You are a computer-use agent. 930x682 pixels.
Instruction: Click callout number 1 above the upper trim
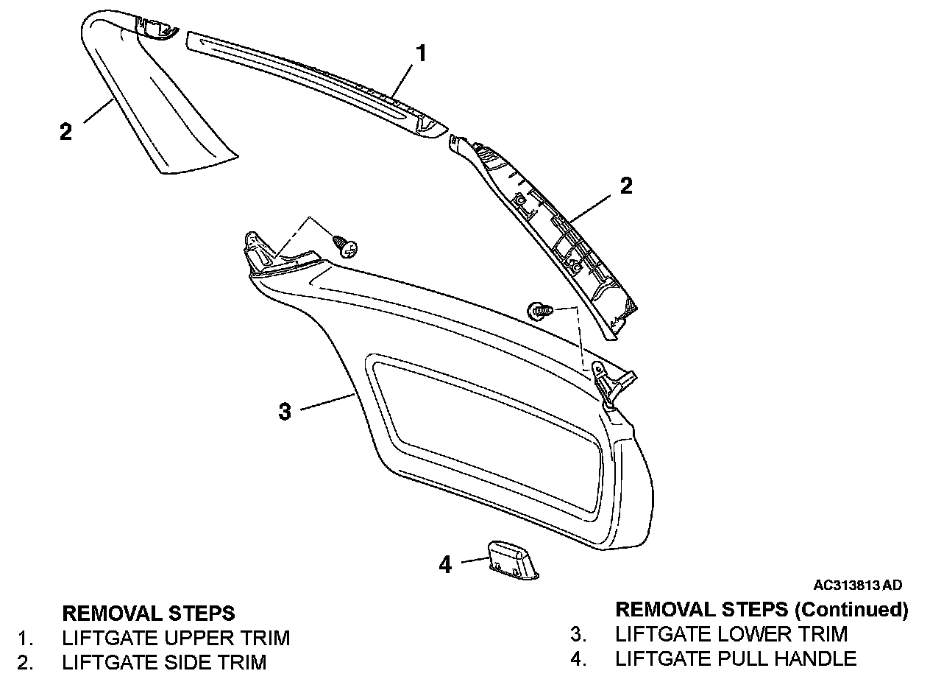[x=420, y=53]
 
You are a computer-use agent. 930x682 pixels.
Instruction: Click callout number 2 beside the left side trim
[x=66, y=132]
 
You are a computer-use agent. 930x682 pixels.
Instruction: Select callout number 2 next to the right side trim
[x=625, y=185]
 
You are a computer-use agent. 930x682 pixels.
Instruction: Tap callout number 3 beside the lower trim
[x=285, y=411]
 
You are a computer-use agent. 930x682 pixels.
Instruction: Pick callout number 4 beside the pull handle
[x=445, y=564]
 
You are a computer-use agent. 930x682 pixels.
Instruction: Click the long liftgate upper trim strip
[x=316, y=81]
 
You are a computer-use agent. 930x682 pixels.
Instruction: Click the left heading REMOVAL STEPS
[x=149, y=613]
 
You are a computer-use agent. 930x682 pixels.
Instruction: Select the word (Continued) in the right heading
[x=853, y=609]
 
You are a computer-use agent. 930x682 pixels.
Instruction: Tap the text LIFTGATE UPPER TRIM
[x=176, y=637]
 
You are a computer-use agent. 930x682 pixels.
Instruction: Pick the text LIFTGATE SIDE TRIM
[x=164, y=662]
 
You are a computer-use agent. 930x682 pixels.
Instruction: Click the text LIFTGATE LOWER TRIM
[x=731, y=633]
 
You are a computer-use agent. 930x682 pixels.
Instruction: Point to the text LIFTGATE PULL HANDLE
[x=736, y=658]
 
